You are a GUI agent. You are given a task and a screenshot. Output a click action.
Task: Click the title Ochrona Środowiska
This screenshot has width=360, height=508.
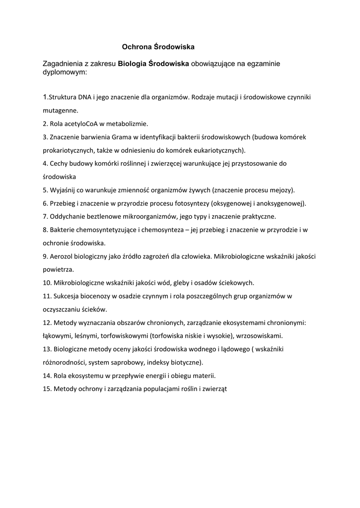158,47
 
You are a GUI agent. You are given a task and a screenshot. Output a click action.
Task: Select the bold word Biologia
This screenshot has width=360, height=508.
132,63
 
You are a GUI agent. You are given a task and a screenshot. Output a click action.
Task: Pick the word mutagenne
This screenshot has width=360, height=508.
61,110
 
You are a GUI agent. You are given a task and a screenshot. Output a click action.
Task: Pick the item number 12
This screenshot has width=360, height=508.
47,322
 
